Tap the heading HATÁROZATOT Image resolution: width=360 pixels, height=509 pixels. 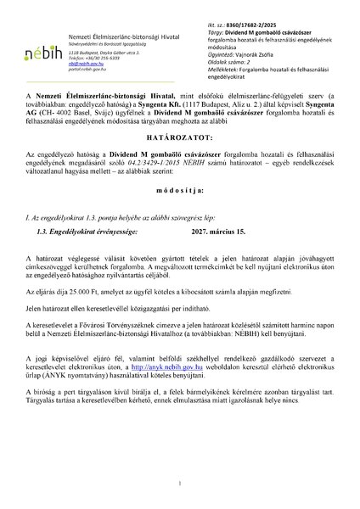point(179,159)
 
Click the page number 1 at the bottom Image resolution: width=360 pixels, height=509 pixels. point(180,484)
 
